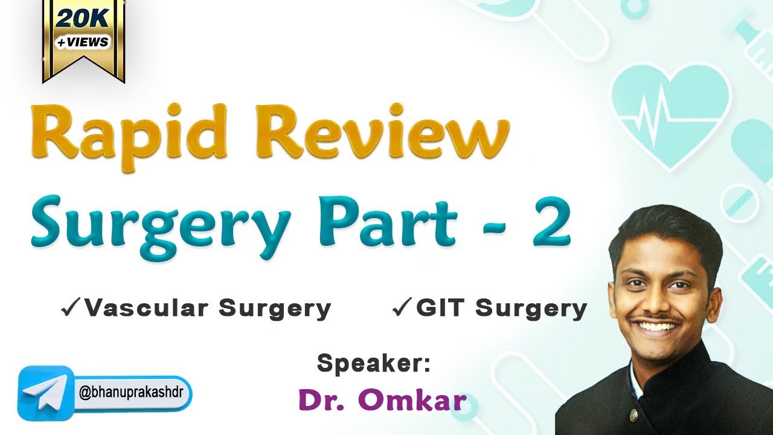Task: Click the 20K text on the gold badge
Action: click(83, 20)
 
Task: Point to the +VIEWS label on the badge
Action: click(83, 42)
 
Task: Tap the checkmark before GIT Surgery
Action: click(402, 309)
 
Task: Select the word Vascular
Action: click(149, 309)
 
